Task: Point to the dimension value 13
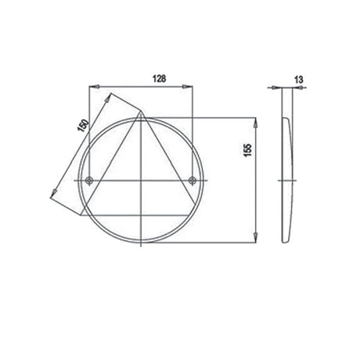coord(299,78)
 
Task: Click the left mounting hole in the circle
coord(91,182)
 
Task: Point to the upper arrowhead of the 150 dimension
coord(109,98)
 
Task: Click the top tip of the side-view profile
coord(284,117)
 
